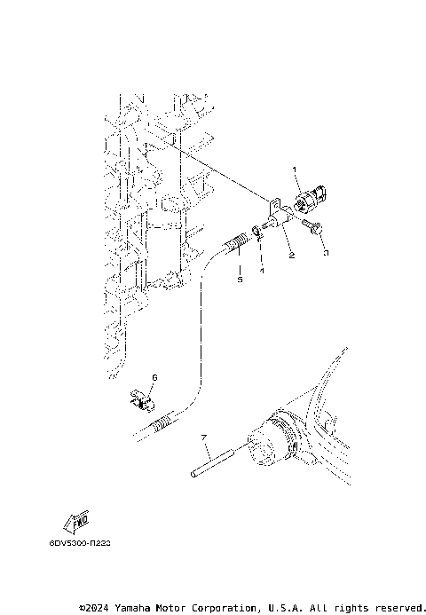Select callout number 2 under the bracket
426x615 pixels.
(290, 256)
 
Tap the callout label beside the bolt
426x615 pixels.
(326, 253)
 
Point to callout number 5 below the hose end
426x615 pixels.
(239, 279)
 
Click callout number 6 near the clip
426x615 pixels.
(154, 377)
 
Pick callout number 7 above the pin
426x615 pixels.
(203, 438)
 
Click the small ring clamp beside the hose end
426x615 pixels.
(258, 234)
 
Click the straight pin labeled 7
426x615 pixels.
(213, 462)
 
